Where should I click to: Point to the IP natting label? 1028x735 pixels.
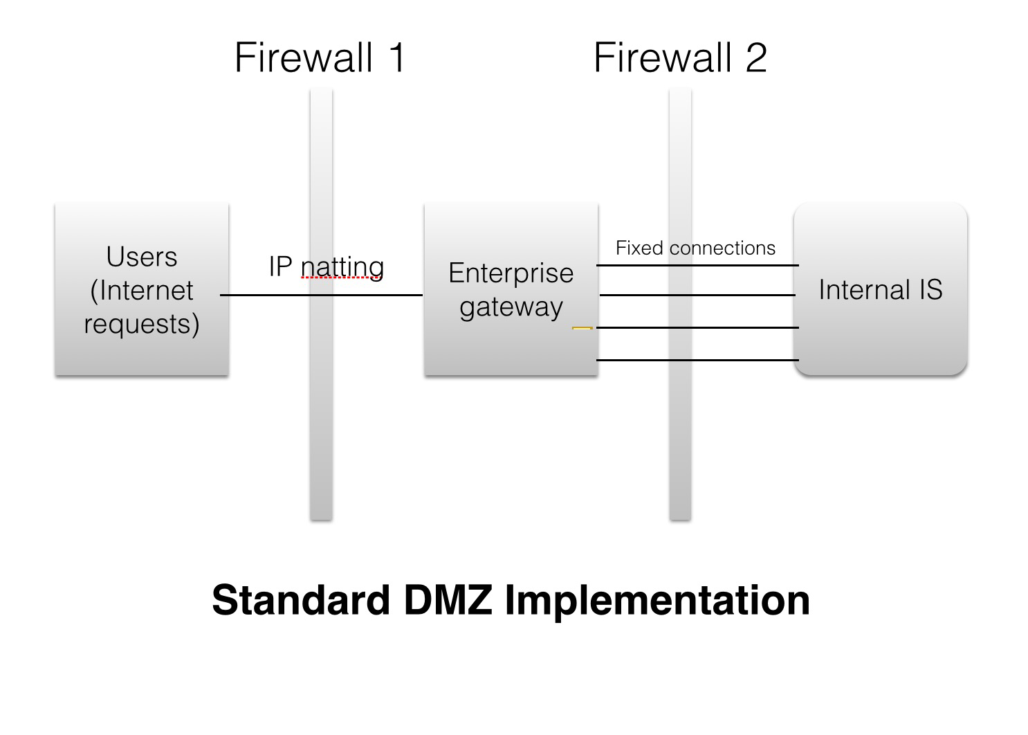pos(326,266)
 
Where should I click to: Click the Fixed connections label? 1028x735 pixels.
pos(695,248)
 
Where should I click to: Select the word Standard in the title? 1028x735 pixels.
pos(301,599)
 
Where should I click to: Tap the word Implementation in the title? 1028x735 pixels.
pos(657,599)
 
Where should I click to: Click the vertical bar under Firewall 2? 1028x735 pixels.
pos(680,429)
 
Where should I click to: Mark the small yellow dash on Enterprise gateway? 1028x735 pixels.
pos(582,327)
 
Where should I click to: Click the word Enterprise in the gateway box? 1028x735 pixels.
pos(511,273)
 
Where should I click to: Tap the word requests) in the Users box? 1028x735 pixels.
pos(142,324)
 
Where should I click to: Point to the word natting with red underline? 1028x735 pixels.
pos(342,266)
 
